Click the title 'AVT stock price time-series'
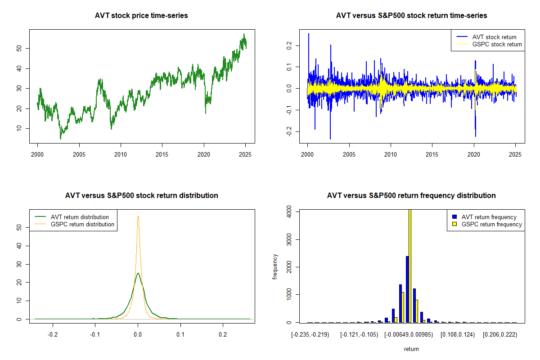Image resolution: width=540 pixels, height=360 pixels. (141, 15)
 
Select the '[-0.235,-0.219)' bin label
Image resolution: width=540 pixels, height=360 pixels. (310, 335)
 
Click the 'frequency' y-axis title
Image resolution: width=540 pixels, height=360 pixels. (275, 267)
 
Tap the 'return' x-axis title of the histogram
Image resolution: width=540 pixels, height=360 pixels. (411, 349)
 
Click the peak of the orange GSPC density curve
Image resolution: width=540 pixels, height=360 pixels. (138, 216)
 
